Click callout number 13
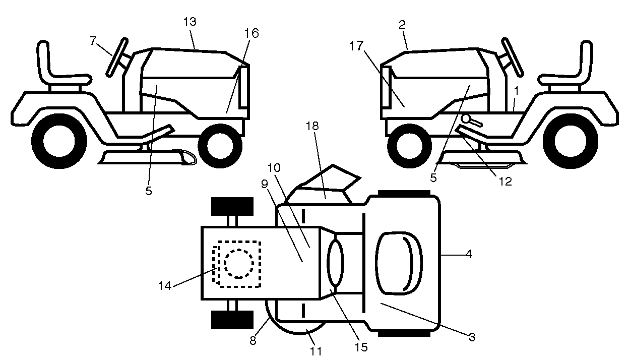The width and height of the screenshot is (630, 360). [x=190, y=21]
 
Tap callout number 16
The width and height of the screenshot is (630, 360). [x=251, y=33]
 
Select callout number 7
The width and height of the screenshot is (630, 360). [x=93, y=41]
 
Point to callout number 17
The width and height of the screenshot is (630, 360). [x=356, y=46]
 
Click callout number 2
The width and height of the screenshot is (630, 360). [x=403, y=25]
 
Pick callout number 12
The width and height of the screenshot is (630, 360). [x=505, y=182]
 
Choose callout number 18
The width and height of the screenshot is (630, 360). [x=312, y=126]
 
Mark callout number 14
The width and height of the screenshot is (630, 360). [x=165, y=286]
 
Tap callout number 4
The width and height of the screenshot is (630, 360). [x=469, y=254]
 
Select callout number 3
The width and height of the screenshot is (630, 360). [x=472, y=337]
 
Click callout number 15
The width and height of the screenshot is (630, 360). [x=361, y=347]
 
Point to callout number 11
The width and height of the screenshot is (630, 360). [x=316, y=351]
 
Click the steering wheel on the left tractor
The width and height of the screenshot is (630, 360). [x=117, y=57]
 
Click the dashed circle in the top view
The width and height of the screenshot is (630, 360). [x=238, y=264]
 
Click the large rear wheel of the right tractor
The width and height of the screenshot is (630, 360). [x=570, y=141]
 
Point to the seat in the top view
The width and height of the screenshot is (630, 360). [x=399, y=264]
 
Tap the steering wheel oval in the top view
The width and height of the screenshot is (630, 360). [x=335, y=263]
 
